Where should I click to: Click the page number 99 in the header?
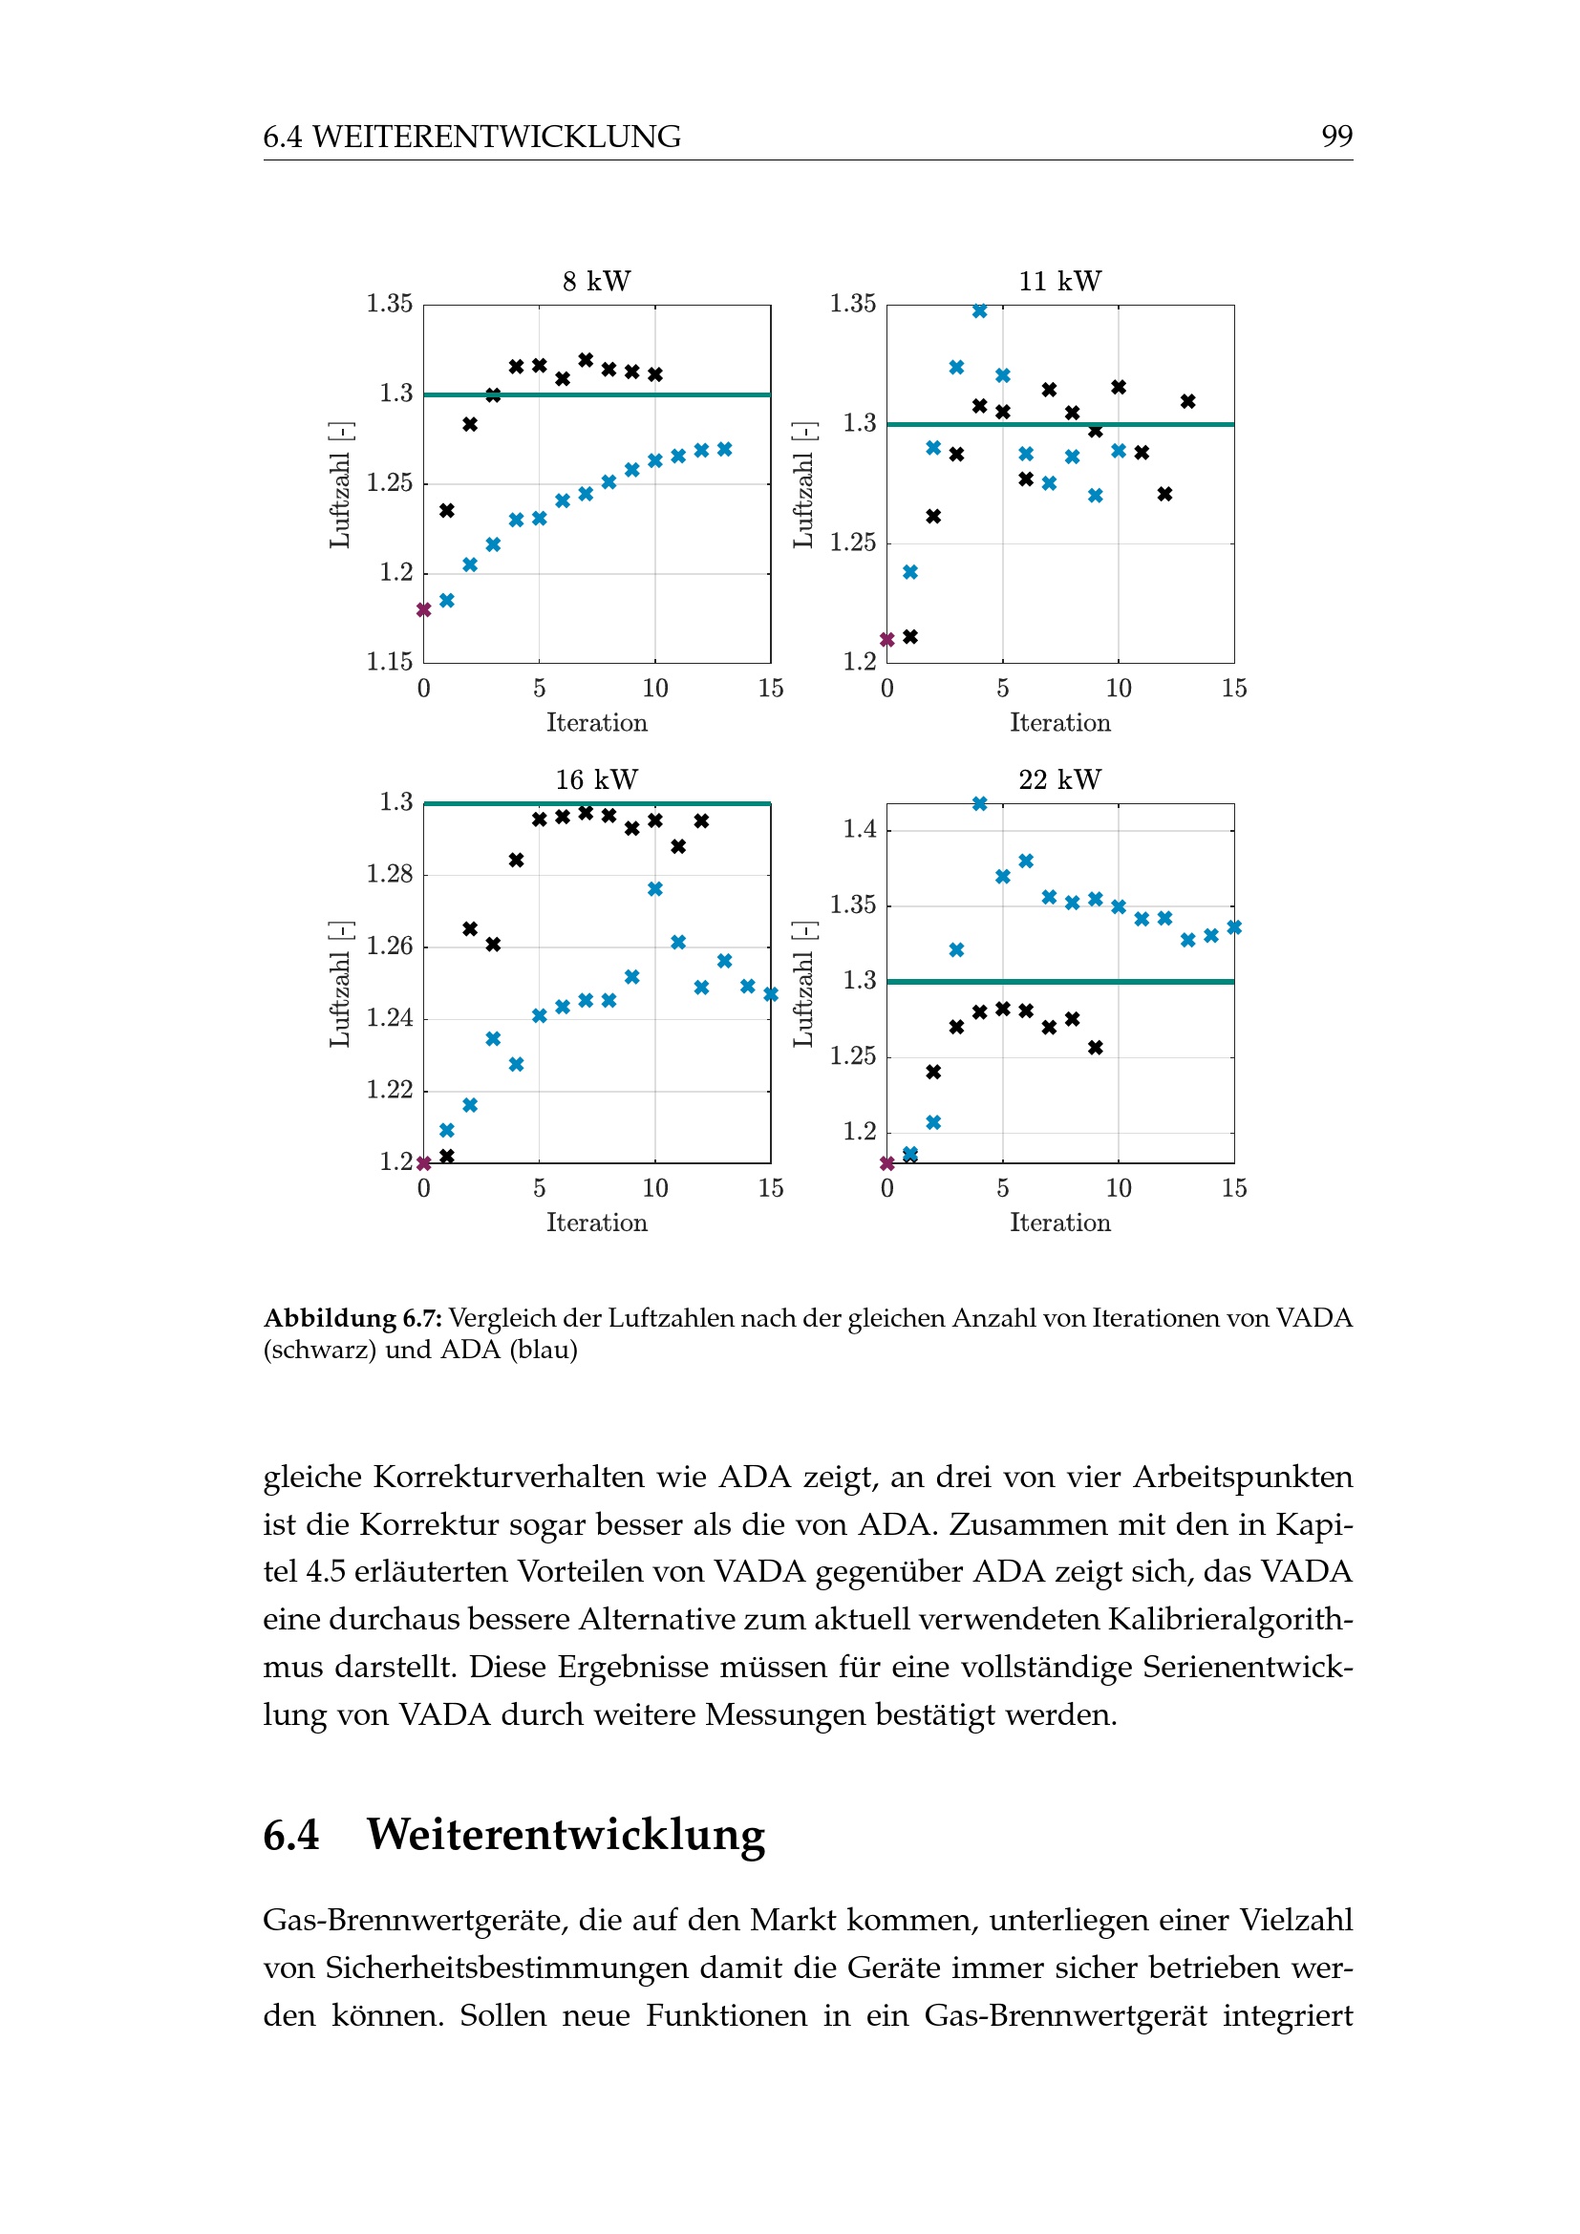1335,137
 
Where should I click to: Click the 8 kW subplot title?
596,281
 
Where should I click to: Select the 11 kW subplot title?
1059,281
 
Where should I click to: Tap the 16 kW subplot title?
596,779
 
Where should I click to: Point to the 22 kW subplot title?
1059,779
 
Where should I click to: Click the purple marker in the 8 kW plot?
424,610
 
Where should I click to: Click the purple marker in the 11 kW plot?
887,639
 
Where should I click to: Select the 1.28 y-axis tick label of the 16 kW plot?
389,874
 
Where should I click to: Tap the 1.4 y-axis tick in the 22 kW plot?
859,829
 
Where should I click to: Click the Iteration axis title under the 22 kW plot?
1059,1223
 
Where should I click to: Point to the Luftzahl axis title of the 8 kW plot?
339,484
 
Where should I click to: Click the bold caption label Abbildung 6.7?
352,1317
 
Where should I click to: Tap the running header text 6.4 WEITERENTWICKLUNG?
472,137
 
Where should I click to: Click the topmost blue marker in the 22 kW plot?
980,803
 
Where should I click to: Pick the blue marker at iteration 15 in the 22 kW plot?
1233,927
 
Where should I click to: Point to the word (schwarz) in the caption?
319,1350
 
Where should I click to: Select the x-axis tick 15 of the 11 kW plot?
1233,689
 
